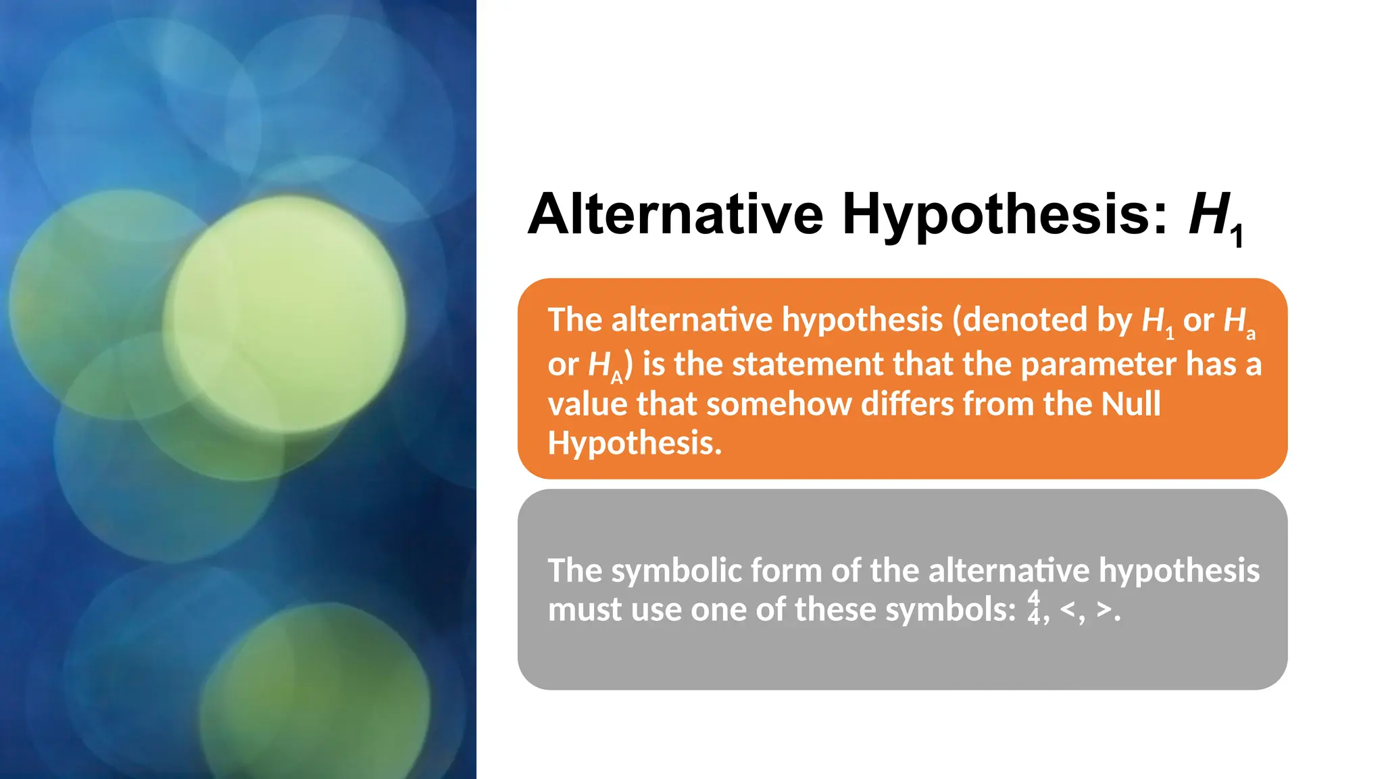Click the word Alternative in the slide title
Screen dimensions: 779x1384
(x=675, y=214)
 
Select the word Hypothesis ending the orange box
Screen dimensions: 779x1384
(x=634, y=444)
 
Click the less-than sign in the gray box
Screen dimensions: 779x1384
(x=1068, y=609)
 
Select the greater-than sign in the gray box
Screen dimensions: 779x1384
(x=1104, y=609)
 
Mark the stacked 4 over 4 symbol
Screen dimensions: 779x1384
(x=1034, y=607)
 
